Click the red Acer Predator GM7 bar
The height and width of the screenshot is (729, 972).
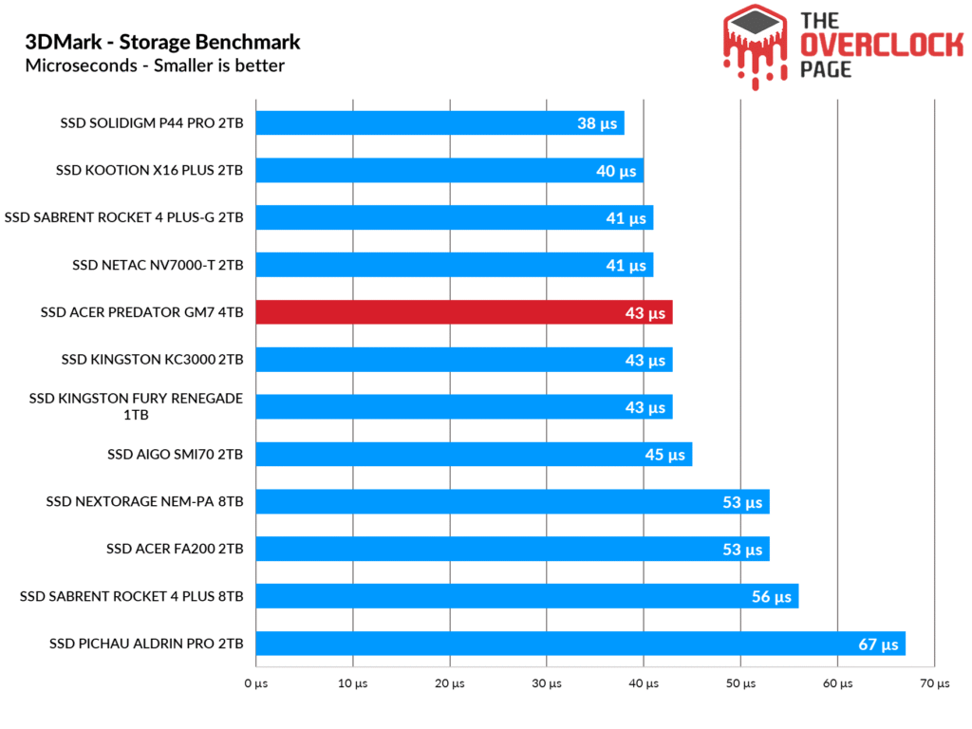[x=463, y=312]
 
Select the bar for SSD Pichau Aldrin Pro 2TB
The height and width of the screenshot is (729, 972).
[x=579, y=644]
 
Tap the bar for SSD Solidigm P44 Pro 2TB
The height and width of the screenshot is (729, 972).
[x=439, y=122]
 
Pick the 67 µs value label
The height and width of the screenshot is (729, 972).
[x=878, y=645]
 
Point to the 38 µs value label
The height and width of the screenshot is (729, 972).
[x=596, y=123]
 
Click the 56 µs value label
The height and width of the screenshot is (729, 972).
[x=771, y=597]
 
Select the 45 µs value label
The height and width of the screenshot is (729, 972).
[x=664, y=455]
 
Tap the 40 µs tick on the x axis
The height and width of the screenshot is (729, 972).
[x=643, y=683]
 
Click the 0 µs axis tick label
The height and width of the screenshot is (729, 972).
[x=255, y=683]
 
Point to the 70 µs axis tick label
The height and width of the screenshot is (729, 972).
[x=934, y=683]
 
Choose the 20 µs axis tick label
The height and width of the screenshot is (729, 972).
[x=450, y=683]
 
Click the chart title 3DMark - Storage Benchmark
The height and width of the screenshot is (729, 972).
[x=163, y=42]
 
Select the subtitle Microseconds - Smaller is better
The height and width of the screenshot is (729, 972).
[x=155, y=65]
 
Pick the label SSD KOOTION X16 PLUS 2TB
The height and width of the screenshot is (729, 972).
[x=149, y=170]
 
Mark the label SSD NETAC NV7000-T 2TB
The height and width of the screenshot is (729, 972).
[x=158, y=265]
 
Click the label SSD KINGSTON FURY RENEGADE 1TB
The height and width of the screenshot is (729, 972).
[x=136, y=406]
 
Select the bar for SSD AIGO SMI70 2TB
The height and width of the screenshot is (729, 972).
[x=473, y=455]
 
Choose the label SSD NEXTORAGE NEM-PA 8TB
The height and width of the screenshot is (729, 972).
[x=144, y=501]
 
